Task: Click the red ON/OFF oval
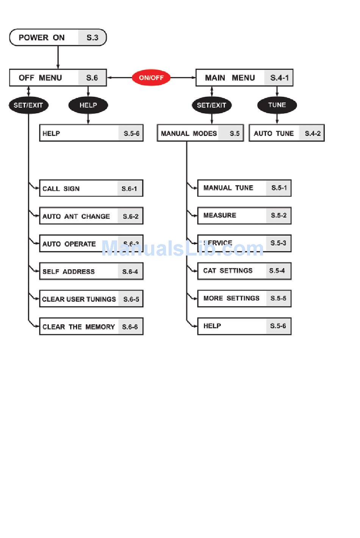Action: (x=151, y=78)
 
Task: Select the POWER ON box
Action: (x=58, y=38)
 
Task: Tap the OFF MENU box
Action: (x=58, y=78)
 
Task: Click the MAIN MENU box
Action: (x=244, y=78)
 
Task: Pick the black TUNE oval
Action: (x=277, y=105)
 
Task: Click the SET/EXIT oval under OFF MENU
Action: (x=28, y=105)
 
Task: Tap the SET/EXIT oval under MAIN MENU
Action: (x=211, y=105)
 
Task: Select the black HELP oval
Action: (x=88, y=105)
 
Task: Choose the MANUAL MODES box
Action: (x=200, y=133)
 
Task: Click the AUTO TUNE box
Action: (x=286, y=133)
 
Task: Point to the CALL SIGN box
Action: (x=91, y=188)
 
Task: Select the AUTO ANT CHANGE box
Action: (x=91, y=216)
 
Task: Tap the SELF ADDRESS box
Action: (x=91, y=271)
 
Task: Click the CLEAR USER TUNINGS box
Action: (x=91, y=299)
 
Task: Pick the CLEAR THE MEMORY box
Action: (x=91, y=327)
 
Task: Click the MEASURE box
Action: (x=244, y=215)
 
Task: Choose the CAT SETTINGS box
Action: (x=244, y=271)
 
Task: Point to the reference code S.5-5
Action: (x=279, y=298)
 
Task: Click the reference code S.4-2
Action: (x=313, y=133)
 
